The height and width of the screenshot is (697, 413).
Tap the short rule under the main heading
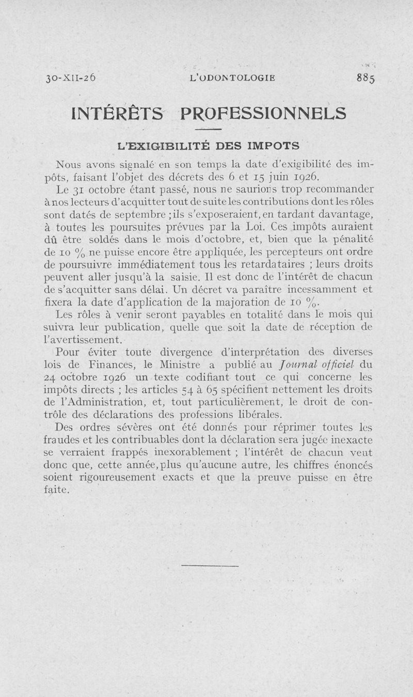click(208, 129)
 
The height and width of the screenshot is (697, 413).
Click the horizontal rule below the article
click(210, 566)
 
